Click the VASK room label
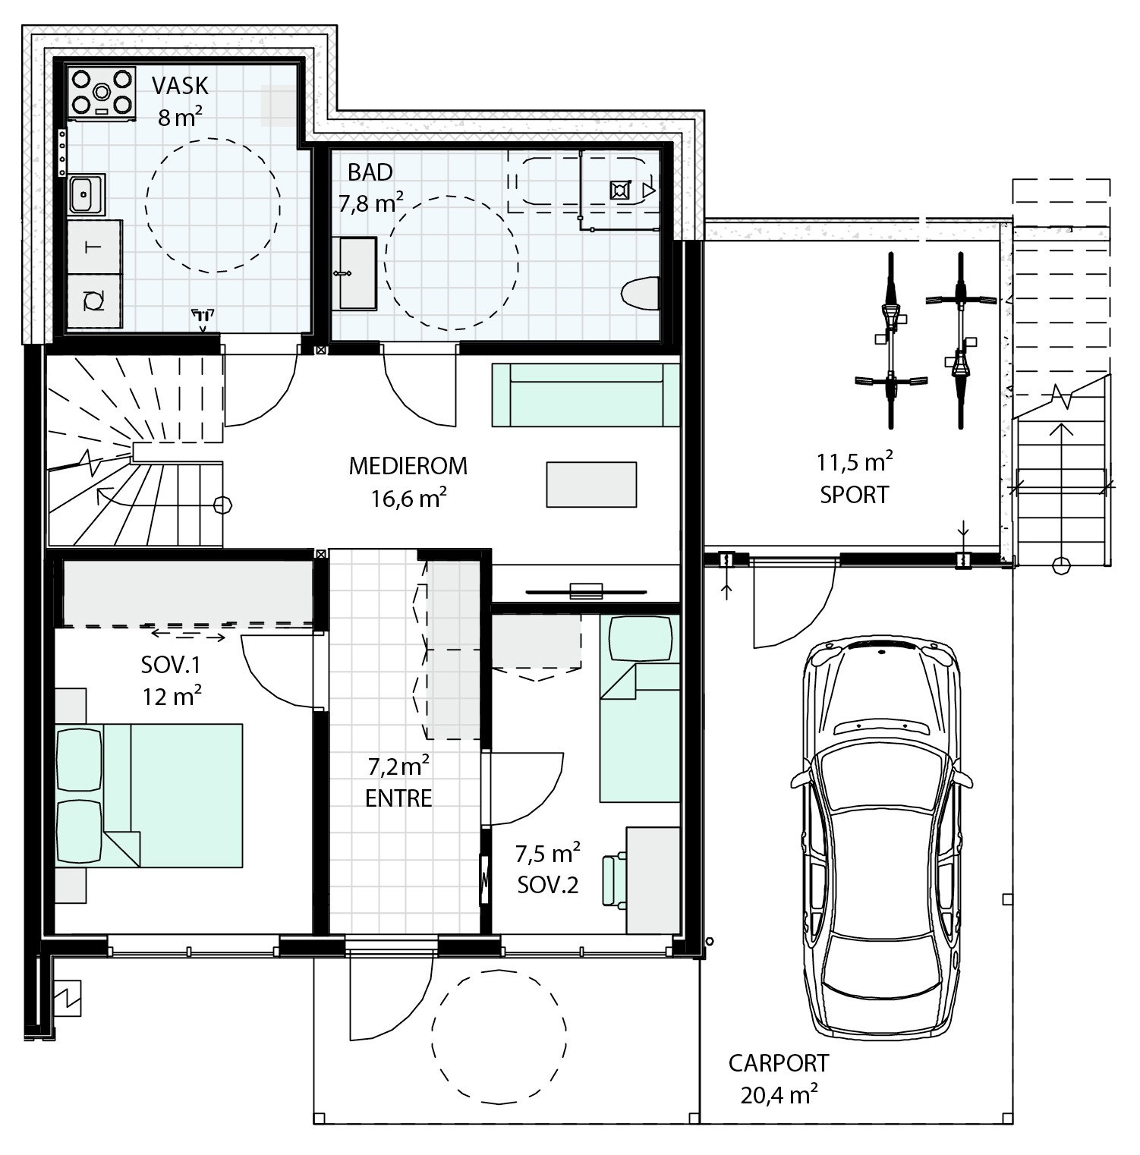180,85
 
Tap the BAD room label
370,172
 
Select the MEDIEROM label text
408,465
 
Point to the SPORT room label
854,495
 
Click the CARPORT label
779,1063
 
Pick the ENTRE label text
398,798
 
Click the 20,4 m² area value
779,1094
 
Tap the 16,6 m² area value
408,498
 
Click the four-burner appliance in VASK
102,93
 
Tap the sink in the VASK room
85,195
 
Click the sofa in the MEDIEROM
586,395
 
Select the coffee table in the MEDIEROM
591,484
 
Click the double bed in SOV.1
148,795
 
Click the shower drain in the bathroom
620,190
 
